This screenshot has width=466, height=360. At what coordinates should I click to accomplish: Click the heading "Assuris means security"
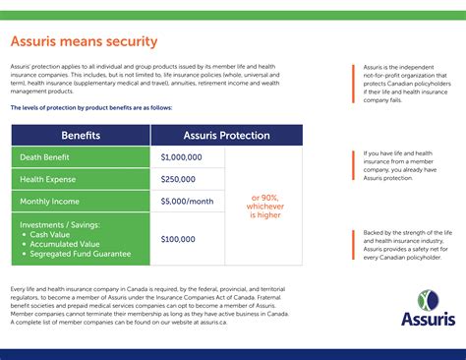84,41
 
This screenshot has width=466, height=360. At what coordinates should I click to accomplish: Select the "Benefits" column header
81,135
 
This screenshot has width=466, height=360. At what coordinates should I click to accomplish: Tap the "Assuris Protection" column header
226,135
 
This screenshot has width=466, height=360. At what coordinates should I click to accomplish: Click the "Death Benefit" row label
48,156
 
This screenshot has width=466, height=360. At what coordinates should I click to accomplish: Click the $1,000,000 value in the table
182,156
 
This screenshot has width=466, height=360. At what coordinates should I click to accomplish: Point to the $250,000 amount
178,179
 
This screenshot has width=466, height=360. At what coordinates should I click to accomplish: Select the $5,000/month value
187,202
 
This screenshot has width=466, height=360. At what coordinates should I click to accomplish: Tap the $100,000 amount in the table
178,239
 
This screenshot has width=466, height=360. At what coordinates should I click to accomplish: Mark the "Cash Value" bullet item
60,234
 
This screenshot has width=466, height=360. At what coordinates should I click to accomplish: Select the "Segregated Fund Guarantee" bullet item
86,254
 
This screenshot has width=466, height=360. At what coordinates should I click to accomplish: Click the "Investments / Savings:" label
61,224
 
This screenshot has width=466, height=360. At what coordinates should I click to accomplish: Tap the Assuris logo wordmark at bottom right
426,318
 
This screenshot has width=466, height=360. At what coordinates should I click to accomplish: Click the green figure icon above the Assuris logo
425,297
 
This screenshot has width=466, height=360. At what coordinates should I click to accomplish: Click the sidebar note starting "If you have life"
407,165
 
